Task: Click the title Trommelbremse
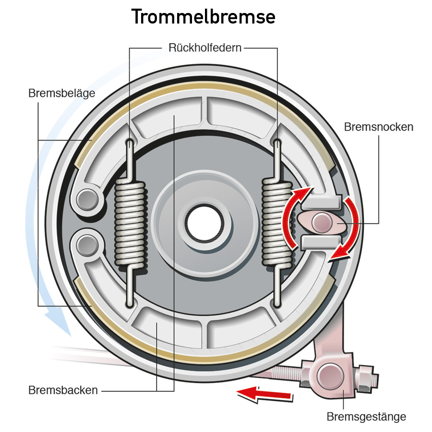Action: pos(204,16)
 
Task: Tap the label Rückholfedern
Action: pos(205,48)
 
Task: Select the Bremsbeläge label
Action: pos(62,94)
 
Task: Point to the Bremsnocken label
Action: pos(379,127)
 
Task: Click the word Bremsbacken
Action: pos(63,390)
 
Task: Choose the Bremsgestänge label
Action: pos(366,417)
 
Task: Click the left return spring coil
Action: pos(130,223)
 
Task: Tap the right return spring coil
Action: pos(277,223)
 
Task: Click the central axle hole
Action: pos(204,223)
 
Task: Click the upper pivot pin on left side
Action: pos(88,199)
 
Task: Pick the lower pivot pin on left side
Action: pos(88,245)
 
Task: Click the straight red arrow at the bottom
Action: pos(264,394)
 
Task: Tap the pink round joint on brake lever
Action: pos(330,376)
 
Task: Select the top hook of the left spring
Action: pos(130,143)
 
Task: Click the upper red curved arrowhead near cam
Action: pos(304,194)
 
